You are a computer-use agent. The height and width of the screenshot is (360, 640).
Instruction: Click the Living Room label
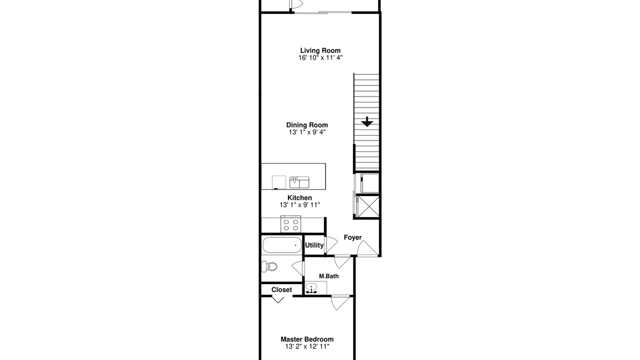(320, 50)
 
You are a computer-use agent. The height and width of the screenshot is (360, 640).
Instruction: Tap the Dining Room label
(307, 125)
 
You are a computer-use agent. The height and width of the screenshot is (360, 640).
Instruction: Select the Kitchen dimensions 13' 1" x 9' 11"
(299, 205)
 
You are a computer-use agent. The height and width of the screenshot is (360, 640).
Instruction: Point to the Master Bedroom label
(307, 339)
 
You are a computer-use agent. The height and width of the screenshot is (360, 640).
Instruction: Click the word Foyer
(352, 237)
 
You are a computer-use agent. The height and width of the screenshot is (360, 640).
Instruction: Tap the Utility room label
(314, 245)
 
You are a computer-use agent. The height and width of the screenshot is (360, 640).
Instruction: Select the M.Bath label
(329, 276)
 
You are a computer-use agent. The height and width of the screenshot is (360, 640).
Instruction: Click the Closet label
(281, 289)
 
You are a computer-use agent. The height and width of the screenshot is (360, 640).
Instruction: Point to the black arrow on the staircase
(367, 121)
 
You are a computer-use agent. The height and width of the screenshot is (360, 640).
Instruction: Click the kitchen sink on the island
(299, 182)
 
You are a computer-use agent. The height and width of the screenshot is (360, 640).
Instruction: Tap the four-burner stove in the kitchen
(291, 224)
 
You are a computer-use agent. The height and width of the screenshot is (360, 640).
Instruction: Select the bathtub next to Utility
(282, 245)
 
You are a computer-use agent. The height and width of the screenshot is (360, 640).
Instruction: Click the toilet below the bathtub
(269, 267)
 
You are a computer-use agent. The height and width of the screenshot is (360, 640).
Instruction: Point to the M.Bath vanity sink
(311, 288)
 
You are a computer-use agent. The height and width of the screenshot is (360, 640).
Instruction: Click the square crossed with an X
(368, 205)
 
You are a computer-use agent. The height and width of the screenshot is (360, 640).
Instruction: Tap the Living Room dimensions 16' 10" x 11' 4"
(320, 57)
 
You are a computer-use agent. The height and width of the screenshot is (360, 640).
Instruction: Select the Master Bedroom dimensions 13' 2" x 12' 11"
(307, 346)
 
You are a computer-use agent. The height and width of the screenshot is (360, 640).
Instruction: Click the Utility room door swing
(331, 245)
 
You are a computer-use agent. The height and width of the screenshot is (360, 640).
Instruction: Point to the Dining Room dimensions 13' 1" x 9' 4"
(307, 132)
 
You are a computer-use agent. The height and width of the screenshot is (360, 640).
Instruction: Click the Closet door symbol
(277, 299)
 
